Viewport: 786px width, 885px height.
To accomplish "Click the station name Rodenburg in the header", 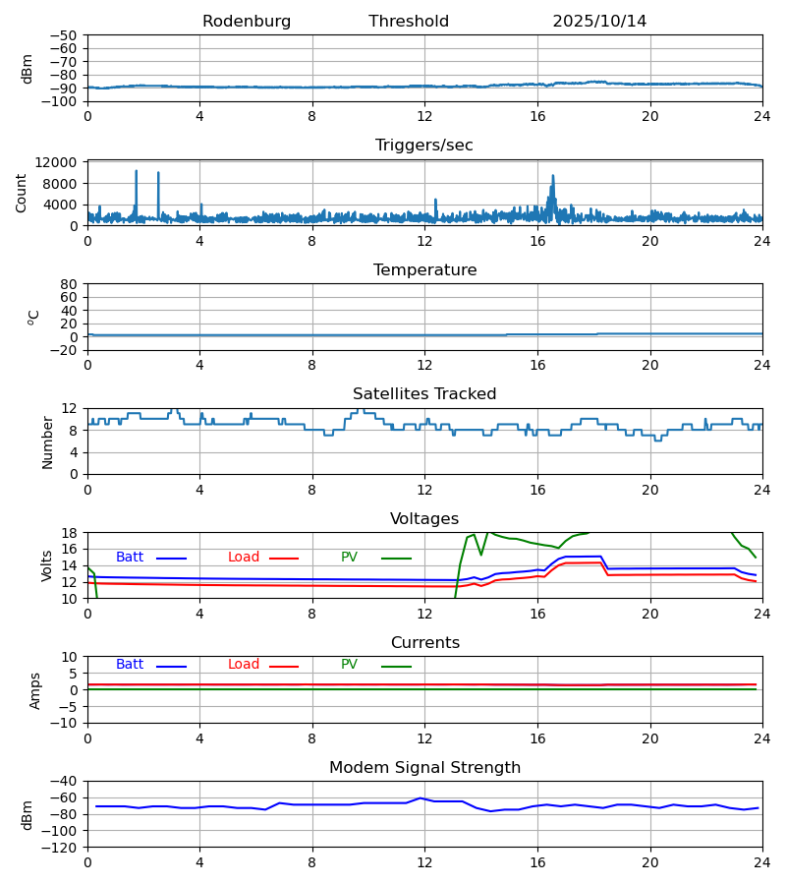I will click(x=247, y=22).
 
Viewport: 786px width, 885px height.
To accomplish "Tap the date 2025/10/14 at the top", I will click(x=599, y=22).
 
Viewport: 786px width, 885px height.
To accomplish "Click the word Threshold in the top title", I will click(x=409, y=22).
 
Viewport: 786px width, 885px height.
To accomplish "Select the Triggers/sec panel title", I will click(x=424, y=146).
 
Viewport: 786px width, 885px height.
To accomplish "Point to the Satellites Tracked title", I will click(x=424, y=394).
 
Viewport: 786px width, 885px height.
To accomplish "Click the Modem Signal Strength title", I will click(x=424, y=768).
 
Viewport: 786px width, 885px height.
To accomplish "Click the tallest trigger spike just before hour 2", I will click(x=137, y=172).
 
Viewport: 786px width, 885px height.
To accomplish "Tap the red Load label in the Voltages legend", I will click(x=244, y=558).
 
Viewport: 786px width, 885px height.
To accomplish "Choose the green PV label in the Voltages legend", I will click(x=349, y=558).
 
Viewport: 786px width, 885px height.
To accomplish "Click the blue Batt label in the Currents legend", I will click(x=130, y=665).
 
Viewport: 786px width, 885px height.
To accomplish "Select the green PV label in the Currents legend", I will click(x=349, y=665).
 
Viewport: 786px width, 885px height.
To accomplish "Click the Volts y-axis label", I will click(x=47, y=565).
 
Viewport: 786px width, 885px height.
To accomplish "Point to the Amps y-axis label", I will click(x=36, y=690).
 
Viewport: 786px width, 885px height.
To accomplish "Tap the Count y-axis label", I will click(x=22, y=193).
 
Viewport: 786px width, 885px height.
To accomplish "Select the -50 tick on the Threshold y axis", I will click(x=66, y=35).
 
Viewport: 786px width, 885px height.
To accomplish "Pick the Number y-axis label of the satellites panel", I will click(x=47, y=442).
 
